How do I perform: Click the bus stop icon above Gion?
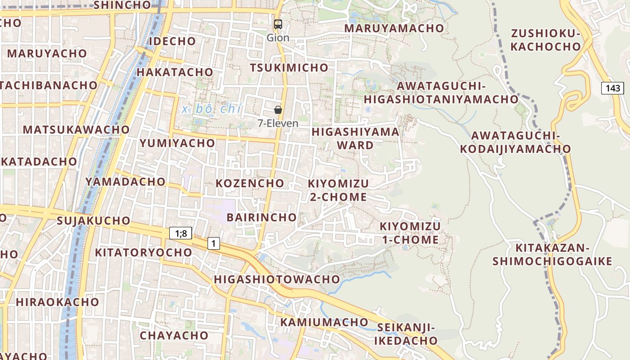278,24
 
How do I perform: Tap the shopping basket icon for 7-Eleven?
278,110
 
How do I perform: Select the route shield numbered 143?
612,88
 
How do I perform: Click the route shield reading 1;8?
180,233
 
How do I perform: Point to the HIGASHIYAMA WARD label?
355,138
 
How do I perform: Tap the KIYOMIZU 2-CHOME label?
338,190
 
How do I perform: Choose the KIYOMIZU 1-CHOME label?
410,233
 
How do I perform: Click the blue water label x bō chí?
212,109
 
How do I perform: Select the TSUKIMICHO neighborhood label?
289,67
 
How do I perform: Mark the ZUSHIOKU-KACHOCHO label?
546,40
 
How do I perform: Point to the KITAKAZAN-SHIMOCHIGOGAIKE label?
552,254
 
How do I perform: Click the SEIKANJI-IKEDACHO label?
406,333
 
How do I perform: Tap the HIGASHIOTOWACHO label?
277,279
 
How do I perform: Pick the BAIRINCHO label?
261,217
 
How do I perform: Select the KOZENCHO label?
250,183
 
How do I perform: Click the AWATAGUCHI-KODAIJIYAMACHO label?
515,142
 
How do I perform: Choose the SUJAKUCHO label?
94,220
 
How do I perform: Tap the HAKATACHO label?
175,72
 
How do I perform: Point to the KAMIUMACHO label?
324,322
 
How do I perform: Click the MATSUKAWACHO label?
76,130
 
